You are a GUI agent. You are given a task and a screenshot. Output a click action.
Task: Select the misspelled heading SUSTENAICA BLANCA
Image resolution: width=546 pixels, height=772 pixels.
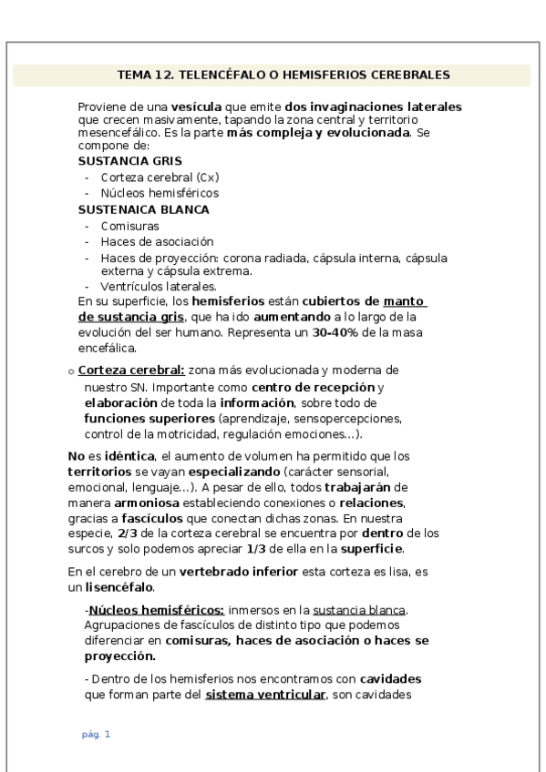[131, 209]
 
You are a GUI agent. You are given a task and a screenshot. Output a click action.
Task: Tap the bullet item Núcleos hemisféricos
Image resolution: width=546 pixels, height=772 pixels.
[160, 193]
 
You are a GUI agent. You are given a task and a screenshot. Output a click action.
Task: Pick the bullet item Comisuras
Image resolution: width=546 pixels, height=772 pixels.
[130, 226]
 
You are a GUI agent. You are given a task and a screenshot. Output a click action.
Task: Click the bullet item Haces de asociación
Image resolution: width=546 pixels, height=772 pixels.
[157, 241]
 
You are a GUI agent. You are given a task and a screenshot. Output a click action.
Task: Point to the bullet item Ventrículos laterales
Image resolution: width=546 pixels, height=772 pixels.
[159, 286]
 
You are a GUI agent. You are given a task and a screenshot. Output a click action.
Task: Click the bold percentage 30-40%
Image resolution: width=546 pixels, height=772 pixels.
[335, 332]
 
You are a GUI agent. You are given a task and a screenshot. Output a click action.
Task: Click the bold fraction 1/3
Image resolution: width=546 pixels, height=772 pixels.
[257, 549]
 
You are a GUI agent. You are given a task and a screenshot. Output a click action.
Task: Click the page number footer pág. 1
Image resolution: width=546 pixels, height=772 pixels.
[96, 734]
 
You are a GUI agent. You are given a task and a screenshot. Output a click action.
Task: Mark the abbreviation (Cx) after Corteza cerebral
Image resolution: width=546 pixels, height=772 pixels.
[209, 178]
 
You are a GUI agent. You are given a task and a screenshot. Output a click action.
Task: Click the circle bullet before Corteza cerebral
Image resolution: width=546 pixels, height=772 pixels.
[71, 371]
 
